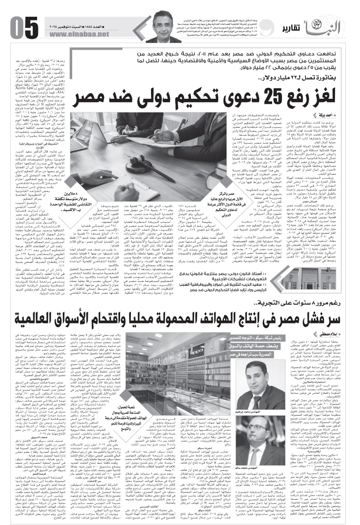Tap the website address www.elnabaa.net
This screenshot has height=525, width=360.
79,34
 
